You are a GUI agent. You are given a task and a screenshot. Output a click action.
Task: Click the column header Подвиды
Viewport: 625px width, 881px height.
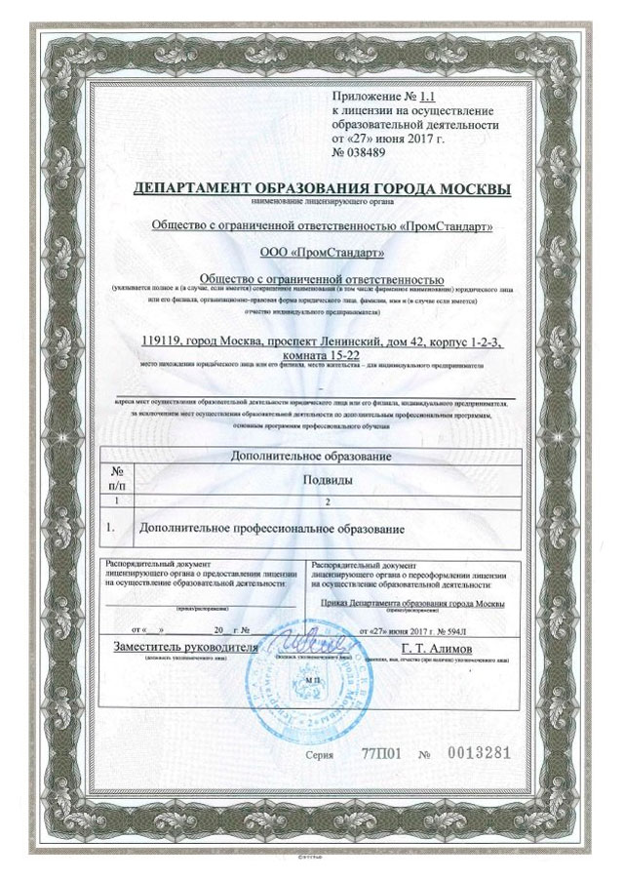tap(326, 480)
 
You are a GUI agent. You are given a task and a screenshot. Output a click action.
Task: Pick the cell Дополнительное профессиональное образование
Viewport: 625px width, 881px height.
tap(272, 528)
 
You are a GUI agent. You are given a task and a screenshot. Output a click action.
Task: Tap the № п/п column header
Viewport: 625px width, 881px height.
tap(120, 477)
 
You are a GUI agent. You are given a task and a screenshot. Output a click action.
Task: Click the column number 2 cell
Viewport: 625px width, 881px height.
tap(328, 501)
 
